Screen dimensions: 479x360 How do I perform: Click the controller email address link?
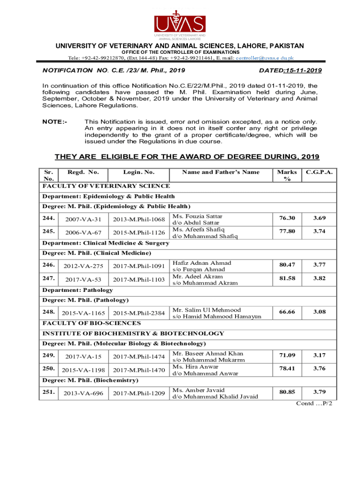(264, 58)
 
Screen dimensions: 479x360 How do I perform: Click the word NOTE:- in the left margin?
(55, 122)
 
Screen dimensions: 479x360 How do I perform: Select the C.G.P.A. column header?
(320, 172)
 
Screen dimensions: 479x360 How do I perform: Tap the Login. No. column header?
(139, 172)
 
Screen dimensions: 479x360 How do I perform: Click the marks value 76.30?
(287, 218)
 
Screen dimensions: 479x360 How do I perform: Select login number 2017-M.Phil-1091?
(139, 266)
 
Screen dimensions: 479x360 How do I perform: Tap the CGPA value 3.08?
(320, 312)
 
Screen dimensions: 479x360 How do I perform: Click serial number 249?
(49, 356)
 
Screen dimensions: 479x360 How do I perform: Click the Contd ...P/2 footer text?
(314, 403)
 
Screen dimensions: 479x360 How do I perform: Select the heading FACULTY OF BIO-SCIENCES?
(92, 323)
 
